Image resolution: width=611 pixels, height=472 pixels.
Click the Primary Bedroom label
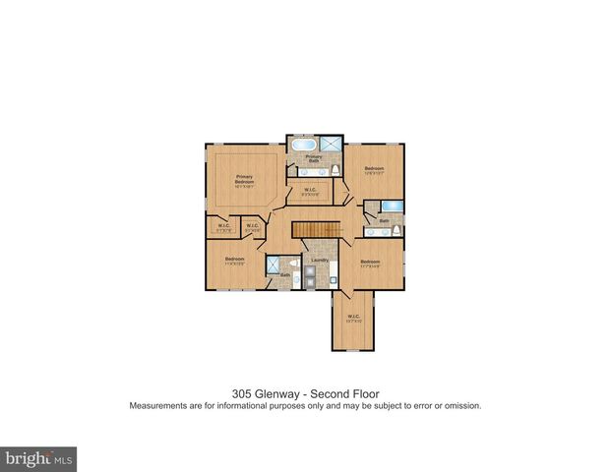(244, 180)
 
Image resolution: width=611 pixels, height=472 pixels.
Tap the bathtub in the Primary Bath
(300, 146)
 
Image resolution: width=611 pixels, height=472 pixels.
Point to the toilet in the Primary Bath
(336, 170)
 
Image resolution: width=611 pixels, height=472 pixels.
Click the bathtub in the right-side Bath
(391, 206)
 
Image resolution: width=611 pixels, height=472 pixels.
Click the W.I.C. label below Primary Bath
(309, 190)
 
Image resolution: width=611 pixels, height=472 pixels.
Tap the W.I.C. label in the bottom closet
(353, 318)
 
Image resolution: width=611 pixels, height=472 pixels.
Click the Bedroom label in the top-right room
(374, 169)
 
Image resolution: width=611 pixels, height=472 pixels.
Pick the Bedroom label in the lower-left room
(234, 260)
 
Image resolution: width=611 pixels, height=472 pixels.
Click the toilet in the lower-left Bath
(293, 265)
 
